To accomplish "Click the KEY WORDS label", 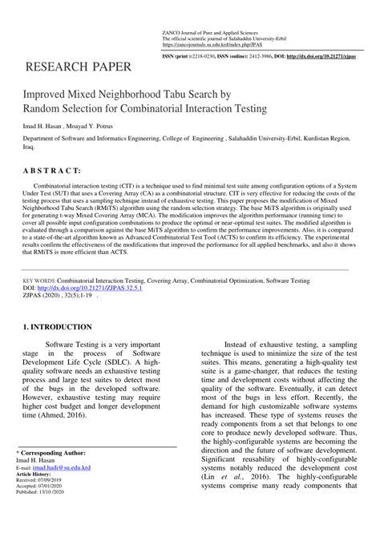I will (x=38, y=282).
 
